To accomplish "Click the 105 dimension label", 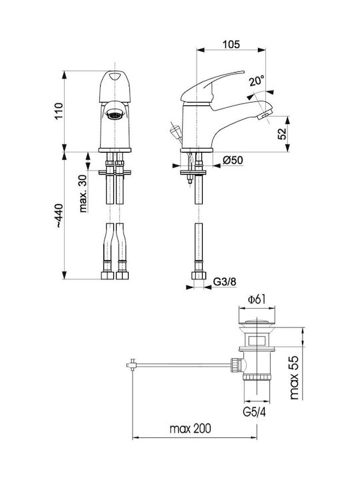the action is click(x=231, y=45).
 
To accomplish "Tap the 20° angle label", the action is click(x=256, y=81).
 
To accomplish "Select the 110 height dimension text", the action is click(x=59, y=111).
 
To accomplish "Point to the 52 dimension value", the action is click(x=282, y=133).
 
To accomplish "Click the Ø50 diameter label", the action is click(x=233, y=160).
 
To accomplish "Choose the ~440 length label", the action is click(x=59, y=216).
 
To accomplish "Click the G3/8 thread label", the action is click(x=225, y=281).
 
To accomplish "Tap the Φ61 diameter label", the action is click(x=257, y=299).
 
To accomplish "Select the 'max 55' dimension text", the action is click(x=294, y=378).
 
